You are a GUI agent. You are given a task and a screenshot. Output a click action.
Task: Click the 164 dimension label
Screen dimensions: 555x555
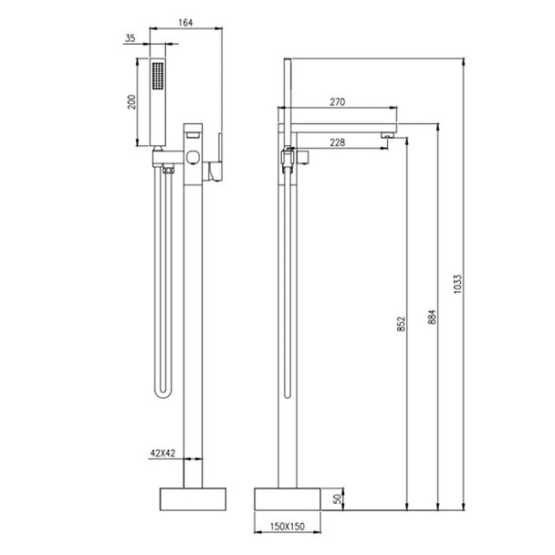(x=185, y=23)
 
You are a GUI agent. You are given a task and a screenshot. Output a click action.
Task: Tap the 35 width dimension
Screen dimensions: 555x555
(x=131, y=37)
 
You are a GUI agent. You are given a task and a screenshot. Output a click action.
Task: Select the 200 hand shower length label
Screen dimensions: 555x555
(x=131, y=102)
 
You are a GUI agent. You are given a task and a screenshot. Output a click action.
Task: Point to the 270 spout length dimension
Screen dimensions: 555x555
(x=338, y=102)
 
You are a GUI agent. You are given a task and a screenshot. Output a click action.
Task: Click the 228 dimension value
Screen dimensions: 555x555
(x=338, y=142)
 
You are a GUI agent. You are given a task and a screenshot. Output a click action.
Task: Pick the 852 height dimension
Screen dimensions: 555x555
(x=401, y=324)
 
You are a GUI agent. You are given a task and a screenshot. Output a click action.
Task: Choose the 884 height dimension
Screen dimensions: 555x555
(x=432, y=317)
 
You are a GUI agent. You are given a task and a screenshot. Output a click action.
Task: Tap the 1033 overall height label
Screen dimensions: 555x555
(x=457, y=284)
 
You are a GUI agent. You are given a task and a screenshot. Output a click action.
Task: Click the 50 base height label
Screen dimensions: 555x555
(x=338, y=499)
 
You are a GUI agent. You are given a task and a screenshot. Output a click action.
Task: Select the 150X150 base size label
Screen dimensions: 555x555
(x=288, y=527)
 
